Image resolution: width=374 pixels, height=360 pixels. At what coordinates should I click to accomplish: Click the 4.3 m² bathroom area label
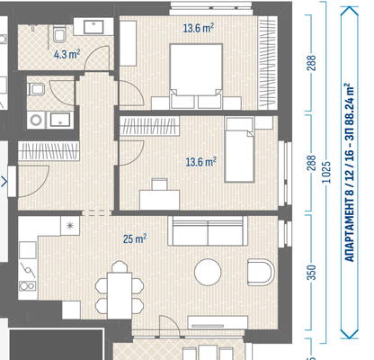[67, 55]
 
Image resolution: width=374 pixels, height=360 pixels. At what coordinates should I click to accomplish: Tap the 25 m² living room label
[135, 239]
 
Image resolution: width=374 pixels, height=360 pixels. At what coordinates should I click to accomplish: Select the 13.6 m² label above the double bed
[199, 29]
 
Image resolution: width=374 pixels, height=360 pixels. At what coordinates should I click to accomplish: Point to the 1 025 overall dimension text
[327, 172]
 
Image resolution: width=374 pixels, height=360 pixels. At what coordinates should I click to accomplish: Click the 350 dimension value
[312, 273]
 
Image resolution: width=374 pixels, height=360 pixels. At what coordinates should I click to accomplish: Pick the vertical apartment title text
[350, 173]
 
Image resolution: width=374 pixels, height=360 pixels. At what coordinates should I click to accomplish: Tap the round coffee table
[208, 272]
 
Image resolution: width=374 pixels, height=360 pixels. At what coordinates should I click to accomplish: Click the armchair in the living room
[261, 273]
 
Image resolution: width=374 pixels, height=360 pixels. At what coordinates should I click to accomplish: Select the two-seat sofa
[208, 231]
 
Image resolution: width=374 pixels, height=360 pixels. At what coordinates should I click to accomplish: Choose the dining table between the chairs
[120, 295]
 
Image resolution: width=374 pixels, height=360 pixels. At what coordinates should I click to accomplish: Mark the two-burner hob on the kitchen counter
[28, 286]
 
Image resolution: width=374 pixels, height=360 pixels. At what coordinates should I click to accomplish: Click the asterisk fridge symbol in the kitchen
[70, 226]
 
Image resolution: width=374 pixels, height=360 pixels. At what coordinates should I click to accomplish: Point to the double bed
[196, 76]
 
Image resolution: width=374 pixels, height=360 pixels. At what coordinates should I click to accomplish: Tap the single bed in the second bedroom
[240, 150]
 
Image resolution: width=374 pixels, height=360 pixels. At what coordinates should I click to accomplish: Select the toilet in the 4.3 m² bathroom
[59, 34]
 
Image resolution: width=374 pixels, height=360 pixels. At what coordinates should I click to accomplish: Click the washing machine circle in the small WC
[36, 121]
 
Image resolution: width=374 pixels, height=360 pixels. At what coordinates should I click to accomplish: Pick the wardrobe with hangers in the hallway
[49, 151]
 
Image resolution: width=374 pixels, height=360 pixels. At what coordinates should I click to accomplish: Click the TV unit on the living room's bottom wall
[218, 322]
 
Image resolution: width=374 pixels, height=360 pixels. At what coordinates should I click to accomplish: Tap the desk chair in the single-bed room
[159, 184]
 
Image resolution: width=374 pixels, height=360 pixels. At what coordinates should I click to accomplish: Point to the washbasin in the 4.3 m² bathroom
[93, 27]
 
